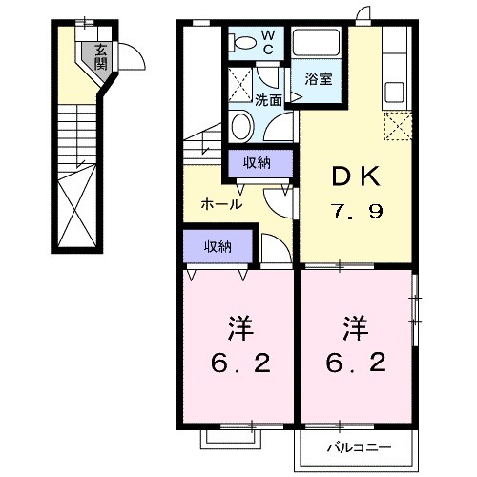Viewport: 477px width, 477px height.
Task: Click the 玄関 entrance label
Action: (100, 61)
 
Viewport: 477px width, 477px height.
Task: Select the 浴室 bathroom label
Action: (319, 79)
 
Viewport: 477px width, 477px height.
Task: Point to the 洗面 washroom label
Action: (268, 99)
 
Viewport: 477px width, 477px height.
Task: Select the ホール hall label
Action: (221, 203)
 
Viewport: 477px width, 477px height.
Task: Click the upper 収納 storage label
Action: (258, 162)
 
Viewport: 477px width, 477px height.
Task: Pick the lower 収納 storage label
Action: (218, 246)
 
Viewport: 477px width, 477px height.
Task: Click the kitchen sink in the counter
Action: (396, 93)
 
